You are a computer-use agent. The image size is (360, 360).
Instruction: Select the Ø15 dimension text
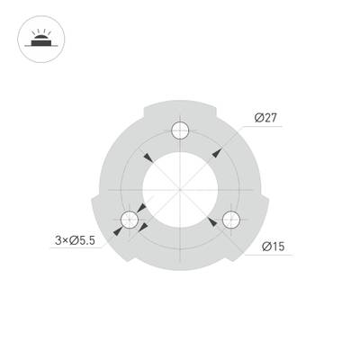(x=274, y=246)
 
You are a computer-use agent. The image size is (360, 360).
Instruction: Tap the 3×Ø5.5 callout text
(x=75, y=240)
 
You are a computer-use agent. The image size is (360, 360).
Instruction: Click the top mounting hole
(x=181, y=130)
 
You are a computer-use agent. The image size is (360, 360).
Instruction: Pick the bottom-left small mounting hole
(x=130, y=218)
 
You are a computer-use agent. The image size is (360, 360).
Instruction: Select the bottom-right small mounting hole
(x=231, y=218)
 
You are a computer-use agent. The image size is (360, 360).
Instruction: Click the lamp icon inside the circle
(x=40, y=40)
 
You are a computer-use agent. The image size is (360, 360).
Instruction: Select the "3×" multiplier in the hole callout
(x=59, y=240)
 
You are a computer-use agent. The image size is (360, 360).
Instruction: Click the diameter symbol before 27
(x=259, y=118)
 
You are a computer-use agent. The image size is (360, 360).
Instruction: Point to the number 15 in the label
(x=279, y=246)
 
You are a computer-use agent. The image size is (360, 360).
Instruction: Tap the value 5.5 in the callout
(x=85, y=240)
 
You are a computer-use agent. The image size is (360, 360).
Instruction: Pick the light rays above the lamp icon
(x=40, y=33)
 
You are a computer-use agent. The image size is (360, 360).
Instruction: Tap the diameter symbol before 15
(x=266, y=246)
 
